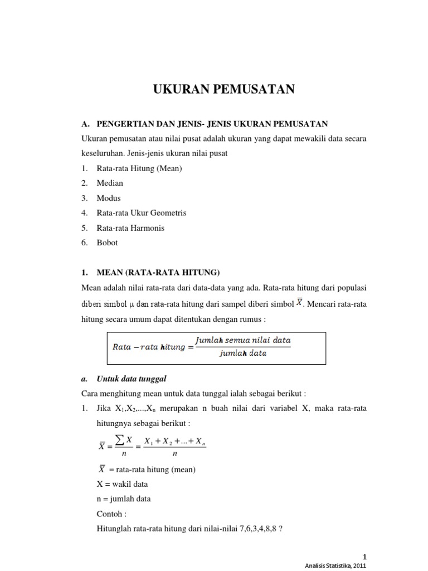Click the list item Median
click(x=110, y=183)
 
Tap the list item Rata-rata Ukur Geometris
click(x=141, y=213)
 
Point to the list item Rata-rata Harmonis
click(x=130, y=228)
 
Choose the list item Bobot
click(x=107, y=243)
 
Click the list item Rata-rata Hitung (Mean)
click(x=139, y=168)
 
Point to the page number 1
click(x=365, y=557)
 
